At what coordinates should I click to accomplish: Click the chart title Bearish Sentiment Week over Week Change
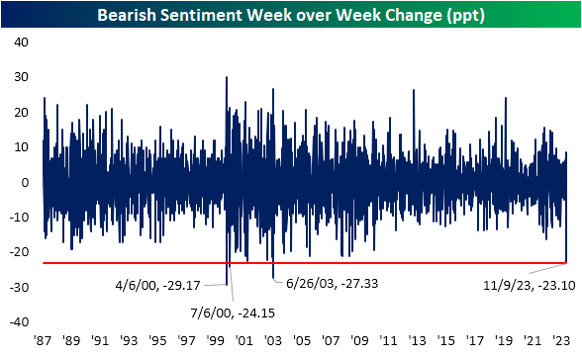point(290,14)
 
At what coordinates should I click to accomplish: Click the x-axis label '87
point(43,339)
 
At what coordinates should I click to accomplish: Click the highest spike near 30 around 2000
point(227,77)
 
